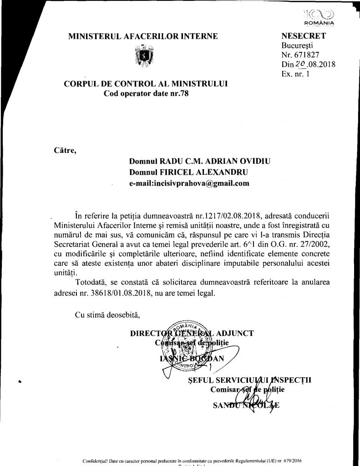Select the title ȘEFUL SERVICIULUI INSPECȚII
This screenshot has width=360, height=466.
(248, 380)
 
